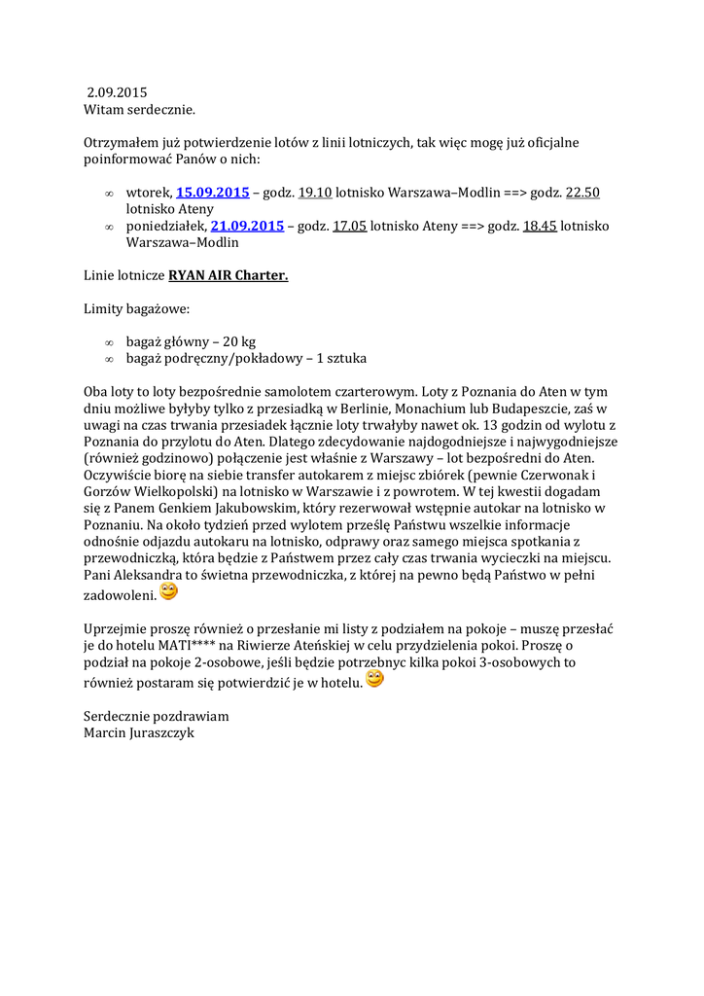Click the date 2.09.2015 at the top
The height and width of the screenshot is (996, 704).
point(117,93)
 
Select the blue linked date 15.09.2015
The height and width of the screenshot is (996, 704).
point(212,193)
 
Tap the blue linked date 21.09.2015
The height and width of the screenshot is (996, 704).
point(247,226)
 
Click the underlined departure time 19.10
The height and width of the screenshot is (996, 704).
point(315,193)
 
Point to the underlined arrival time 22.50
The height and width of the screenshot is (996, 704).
point(582,193)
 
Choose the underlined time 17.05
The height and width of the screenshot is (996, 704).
point(349,226)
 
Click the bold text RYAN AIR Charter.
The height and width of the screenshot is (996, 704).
point(229,275)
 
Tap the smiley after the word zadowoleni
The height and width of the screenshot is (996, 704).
point(168,591)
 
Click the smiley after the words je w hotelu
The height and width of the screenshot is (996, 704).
point(374,679)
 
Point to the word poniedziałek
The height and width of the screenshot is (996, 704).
point(166,226)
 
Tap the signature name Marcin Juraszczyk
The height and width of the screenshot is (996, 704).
point(139,732)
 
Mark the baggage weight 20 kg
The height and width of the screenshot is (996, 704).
point(239,341)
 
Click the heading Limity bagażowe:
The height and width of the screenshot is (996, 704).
point(136,308)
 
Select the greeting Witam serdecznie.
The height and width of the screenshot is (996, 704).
point(139,110)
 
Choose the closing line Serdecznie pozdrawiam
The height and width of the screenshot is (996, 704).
point(156,716)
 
